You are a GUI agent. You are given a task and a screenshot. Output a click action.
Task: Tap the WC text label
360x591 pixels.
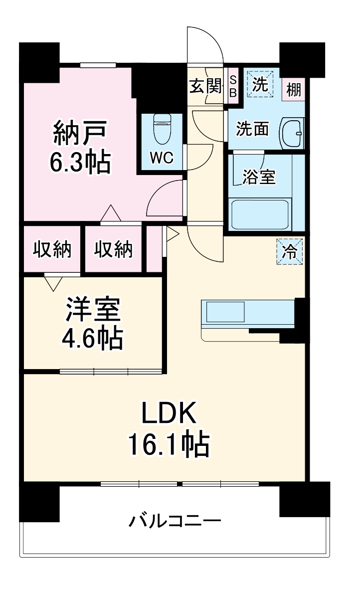point(162,158)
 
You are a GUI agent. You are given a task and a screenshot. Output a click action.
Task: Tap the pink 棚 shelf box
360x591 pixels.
point(294,90)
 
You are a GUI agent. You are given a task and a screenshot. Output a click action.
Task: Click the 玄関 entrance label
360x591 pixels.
point(205,87)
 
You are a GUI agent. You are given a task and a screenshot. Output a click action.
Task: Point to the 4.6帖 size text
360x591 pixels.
point(92,339)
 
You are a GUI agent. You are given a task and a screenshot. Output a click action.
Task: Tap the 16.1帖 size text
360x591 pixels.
point(169,444)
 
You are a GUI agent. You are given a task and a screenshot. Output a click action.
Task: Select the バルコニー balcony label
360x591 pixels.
point(175,522)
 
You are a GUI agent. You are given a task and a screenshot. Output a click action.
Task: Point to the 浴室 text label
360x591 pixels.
point(259,177)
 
